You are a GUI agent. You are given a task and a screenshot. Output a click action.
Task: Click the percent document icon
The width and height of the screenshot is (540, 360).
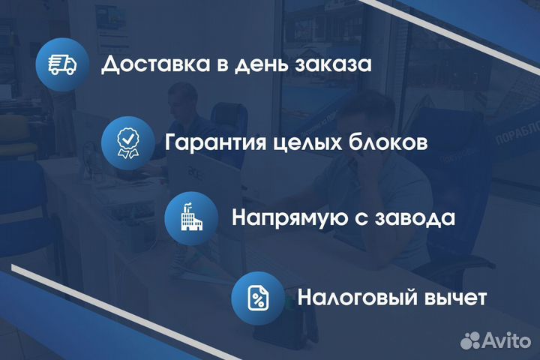click(x=257, y=297)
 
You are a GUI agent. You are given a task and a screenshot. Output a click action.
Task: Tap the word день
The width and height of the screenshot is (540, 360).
click(x=257, y=65)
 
